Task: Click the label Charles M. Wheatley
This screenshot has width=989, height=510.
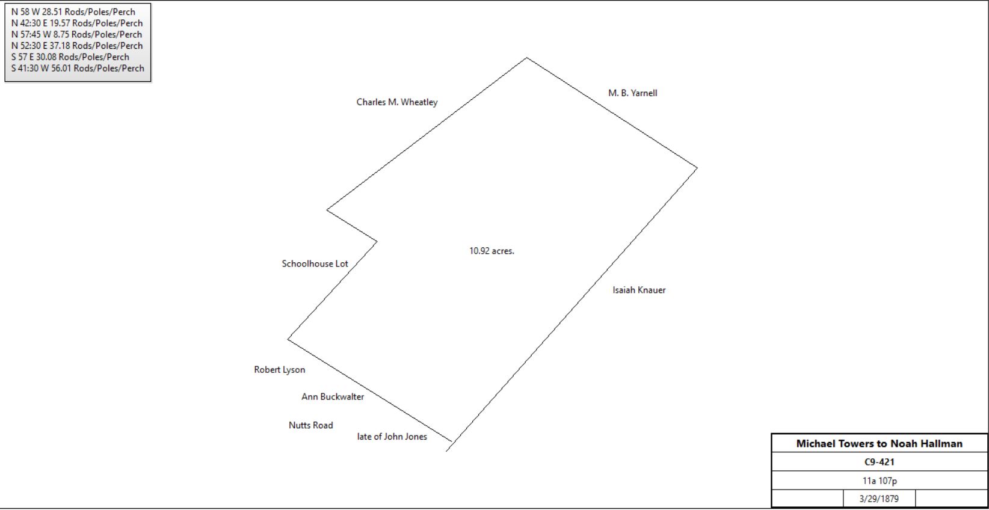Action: (x=397, y=102)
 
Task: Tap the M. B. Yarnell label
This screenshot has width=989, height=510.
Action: (x=633, y=93)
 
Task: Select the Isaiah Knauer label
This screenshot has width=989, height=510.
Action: (x=639, y=290)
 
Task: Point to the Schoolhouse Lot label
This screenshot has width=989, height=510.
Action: (x=315, y=263)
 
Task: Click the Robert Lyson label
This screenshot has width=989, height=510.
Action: (x=280, y=370)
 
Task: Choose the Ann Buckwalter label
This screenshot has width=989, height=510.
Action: (x=333, y=396)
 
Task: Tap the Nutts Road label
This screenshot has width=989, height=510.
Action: (x=311, y=425)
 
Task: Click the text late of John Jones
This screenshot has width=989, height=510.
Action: (x=392, y=437)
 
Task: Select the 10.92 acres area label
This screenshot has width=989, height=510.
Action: (x=492, y=251)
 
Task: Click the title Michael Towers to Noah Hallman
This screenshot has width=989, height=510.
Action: (x=879, y=444)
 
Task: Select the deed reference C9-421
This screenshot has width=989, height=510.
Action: (x=879, y=462)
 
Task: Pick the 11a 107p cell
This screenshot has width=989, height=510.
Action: (x=880, y=481)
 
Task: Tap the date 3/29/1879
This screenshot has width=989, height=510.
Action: (x=879, y=499)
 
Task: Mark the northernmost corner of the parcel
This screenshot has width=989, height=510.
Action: (x=527, y=58)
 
